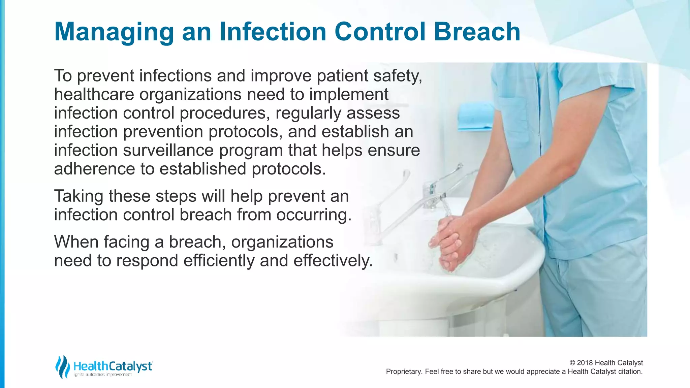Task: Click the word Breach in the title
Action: tap(477, 32)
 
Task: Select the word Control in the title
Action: tap(380, 32)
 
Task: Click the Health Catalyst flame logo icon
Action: tap(63, 366)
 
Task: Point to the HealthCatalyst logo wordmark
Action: tap(113, 366)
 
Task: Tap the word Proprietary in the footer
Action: tap(403, 371)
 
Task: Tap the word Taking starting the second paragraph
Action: tap(79, 196)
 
